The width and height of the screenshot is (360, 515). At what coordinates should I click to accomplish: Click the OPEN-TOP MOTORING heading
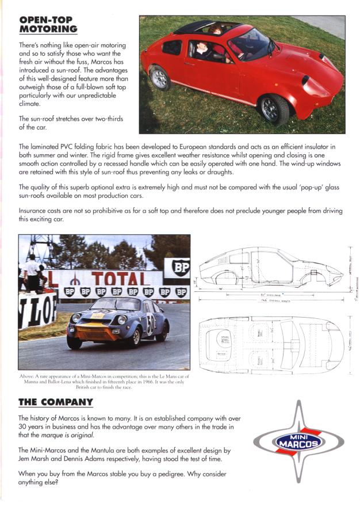tap(48, 25)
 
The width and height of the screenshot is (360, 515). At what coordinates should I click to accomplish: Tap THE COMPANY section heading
tap(55, 402)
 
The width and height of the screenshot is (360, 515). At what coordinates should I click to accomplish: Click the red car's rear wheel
tap(160, 78)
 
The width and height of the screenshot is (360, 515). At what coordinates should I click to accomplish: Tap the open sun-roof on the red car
tap(198, 26)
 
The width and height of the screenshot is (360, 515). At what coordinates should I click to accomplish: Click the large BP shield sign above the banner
tap(177, 269)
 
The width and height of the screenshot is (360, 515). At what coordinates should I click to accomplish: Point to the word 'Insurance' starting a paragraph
tap(35, 211)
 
